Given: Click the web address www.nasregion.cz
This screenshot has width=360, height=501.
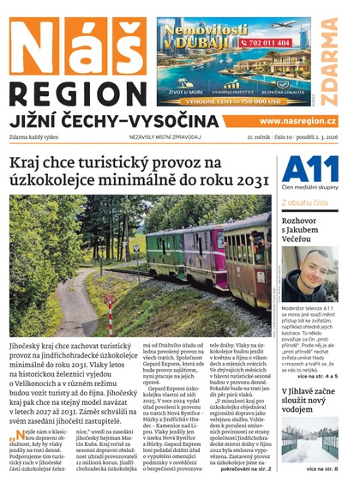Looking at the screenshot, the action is click(x=297, y=122).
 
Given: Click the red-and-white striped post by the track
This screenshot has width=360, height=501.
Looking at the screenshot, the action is click(x=109, y=316).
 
